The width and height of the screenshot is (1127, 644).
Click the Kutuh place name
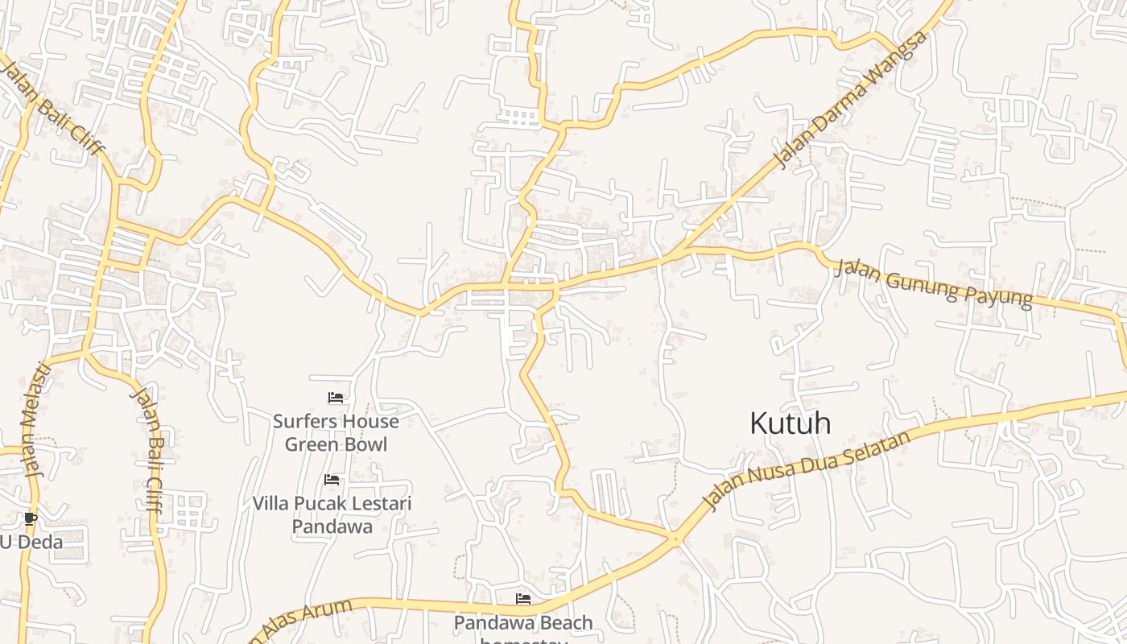coord(790,423)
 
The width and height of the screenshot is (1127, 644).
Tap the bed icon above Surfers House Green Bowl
coord(336,398)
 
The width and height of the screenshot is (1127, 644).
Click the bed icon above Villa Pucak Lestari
coord(332,481)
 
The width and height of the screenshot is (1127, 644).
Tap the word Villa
coord(272,504)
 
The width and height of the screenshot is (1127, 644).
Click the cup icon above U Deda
coord(31,518)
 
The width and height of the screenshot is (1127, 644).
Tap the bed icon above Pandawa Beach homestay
coord(523,599)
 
